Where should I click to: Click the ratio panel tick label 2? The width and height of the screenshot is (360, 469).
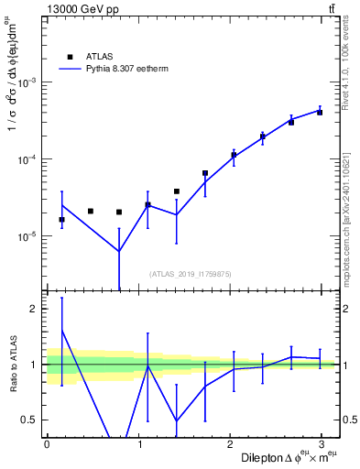(x=32, y=309)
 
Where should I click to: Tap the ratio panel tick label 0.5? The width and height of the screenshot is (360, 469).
(x=29, y=420)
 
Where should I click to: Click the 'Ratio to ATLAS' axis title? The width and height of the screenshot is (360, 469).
(x=12, y=364)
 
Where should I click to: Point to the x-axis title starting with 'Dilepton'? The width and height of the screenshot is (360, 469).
(x=284, y=457)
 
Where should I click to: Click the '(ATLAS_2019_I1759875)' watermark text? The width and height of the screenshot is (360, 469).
(x=191, y=273)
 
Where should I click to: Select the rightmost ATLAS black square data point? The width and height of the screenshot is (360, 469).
(x=320, y=113)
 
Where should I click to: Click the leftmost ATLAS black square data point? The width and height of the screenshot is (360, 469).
(x=61, y=220)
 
